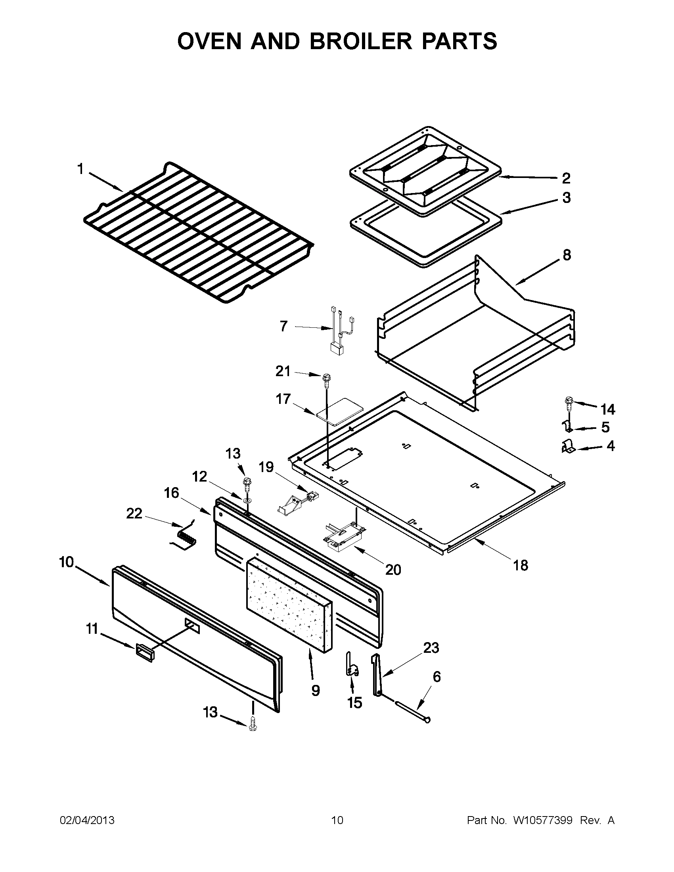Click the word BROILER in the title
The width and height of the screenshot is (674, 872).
(360, 41)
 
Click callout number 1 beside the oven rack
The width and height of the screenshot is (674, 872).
(80, 169)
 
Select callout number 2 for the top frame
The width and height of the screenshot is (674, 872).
(566, 178)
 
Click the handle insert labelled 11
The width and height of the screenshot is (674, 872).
(144, 654)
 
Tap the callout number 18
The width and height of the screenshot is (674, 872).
(521, 565)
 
